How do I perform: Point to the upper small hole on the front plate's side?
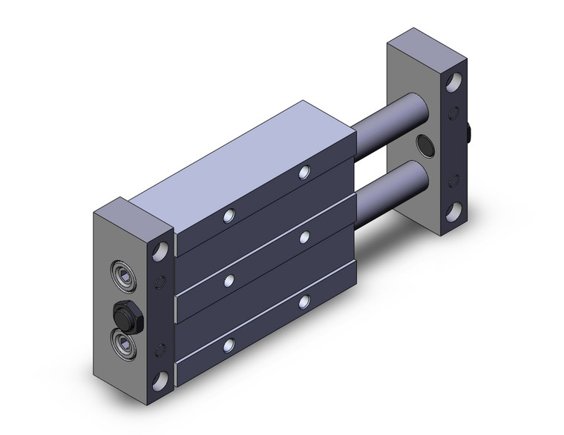point(157,282)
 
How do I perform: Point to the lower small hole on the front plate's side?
point(157,348)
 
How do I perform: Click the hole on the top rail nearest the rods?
point(304,172)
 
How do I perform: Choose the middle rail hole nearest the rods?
point(305,236)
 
